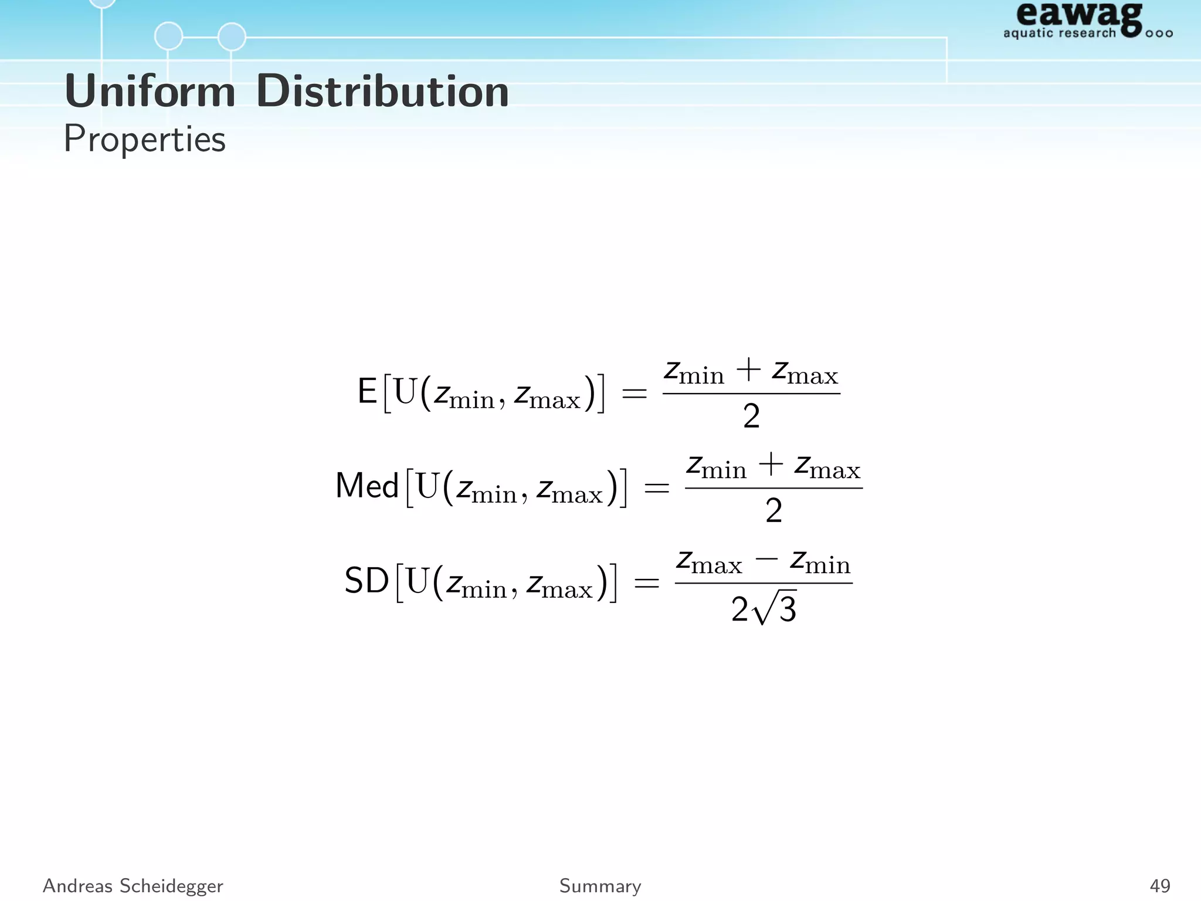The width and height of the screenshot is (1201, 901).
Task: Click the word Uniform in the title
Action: pyautogui.click(x=150, y=92)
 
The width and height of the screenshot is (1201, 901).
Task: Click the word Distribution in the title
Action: pyautogui.click(x=382, y=92)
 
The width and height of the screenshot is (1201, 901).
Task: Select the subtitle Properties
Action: pyautogui.click(x=144, y=140)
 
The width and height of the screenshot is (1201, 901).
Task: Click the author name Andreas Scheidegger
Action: pyautogui.click(x=133, y=886)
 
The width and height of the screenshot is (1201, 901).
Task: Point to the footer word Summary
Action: pyautogui.click(x=600, y=886)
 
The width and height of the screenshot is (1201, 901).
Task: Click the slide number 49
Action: pyautogui.click(x=1160, y=886)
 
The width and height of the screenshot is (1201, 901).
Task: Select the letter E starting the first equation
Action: pyautogui.click(x=367, y=392)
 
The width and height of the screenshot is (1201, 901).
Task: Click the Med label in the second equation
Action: pyautogui.click(x=367, y=486)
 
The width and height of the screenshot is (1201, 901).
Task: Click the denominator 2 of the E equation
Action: pyautogui.click(x=751, y=416)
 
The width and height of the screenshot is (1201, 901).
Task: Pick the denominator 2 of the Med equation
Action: pyautogui.click(x=773, y=510)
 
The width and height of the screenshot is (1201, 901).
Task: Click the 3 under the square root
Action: pyautogui.click(x=788, y=610)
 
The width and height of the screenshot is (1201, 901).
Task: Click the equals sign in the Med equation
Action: pyautogui.click(x=656, y=487)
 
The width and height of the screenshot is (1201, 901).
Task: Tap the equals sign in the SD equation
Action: pyautogui.click(x=646, y=582)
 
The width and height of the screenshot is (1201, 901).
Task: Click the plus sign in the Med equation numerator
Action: pyautogui.click(x=771, y=465)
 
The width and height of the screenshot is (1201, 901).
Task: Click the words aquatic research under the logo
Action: pyautogui.click(x=1059, y=33)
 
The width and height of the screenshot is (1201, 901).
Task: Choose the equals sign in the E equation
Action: pyautogui.click(x=634, y=393)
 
